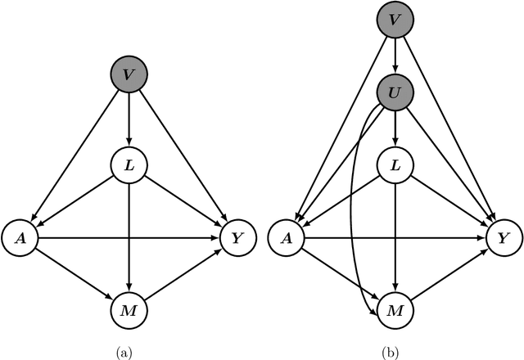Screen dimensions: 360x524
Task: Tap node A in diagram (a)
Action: [20, 237]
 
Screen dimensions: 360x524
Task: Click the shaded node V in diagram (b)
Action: [395, 20]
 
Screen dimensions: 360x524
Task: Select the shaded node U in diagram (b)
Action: [395, 92]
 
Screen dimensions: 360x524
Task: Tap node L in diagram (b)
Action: [395, 165]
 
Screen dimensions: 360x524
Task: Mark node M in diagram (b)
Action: [395, 310]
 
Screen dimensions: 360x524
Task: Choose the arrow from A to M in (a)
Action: [73, 274]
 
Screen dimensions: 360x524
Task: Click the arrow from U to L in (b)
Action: [395, 128]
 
